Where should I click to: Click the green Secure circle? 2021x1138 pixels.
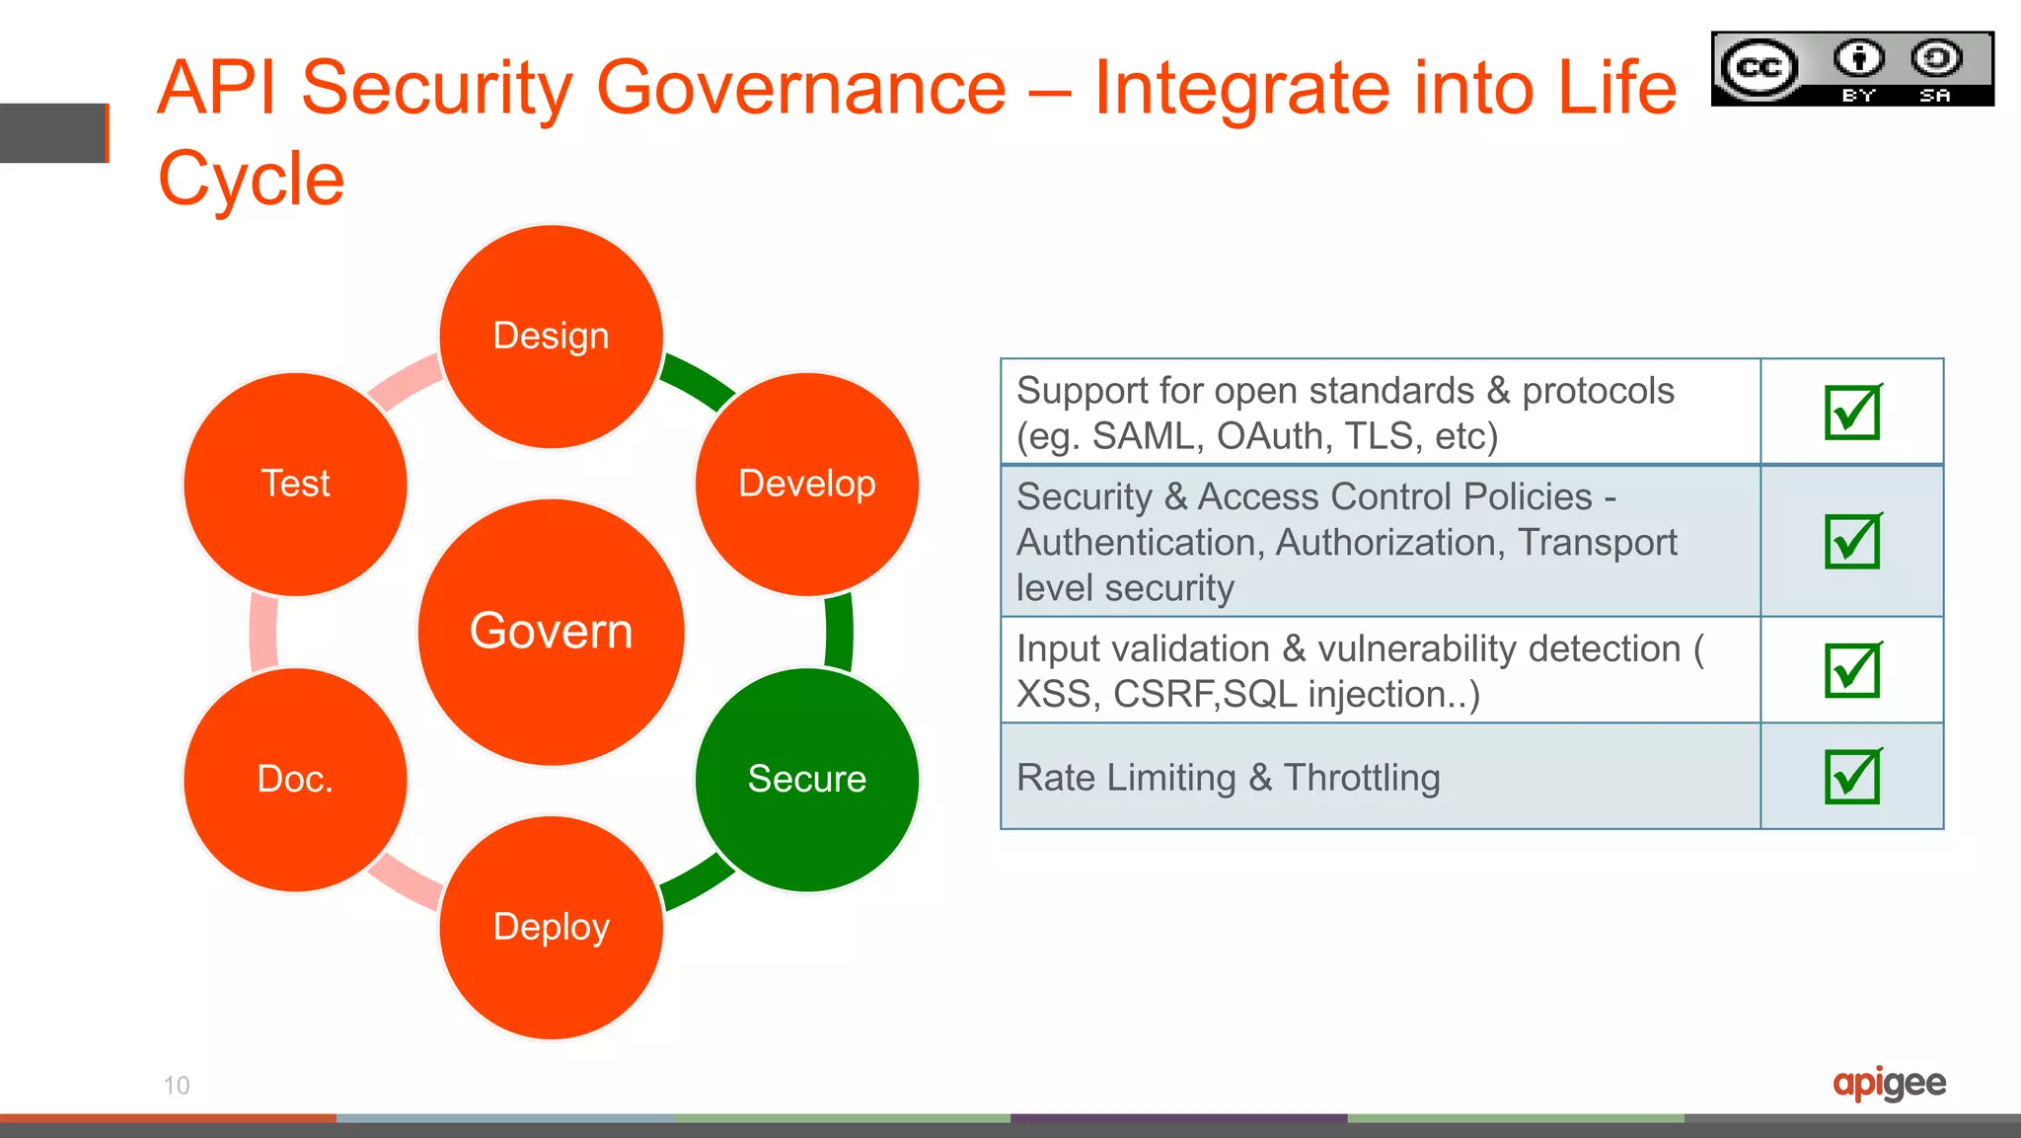(x=807, y=780)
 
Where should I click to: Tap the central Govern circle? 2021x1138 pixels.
(x=551, y=632)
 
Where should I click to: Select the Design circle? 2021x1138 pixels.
(x=551, y=337)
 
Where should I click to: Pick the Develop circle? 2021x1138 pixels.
(x=807, y=484)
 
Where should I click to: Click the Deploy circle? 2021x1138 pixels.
(x=551, y=927)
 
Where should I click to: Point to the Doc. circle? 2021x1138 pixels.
(x=295, y=780)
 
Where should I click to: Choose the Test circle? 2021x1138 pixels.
(x=295, y=484)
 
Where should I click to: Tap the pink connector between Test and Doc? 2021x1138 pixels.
(x=263, y=632)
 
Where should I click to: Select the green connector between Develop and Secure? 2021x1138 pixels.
(x=839, y=632)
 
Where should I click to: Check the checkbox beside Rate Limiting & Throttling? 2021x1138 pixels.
(x=1852, y=777)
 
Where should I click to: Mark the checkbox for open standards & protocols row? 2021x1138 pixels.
(x=1852, y=412)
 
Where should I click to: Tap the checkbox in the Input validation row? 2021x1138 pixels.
(x=1852, y=670)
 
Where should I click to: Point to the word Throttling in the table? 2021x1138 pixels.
(x=1362, y=778)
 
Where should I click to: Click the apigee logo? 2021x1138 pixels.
(x=1889, y=1083)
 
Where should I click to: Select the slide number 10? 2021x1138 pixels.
(x=177, y=1086)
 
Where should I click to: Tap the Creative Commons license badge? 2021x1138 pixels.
(x=1852, y=68)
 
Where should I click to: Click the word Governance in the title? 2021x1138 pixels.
(x=801, y=88)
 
